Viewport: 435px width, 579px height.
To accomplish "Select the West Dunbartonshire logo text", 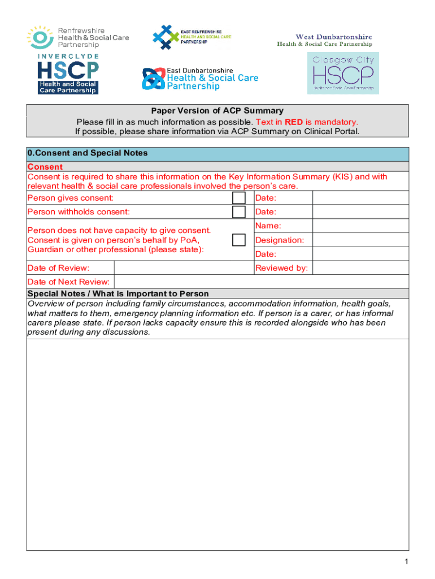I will pyautogui.click(x=324, y=40).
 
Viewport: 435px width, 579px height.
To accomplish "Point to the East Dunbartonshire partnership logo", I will pyautogui.click(x=199, y=79).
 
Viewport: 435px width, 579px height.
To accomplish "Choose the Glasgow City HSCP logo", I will pyautogui.click(x=343, y=73).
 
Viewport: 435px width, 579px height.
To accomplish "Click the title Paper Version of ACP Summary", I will pyautogui.click(x=217, y=111).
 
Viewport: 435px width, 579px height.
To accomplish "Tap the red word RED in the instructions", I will pyautogui.click(x=293, y=122).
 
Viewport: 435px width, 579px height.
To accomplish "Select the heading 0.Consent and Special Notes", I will pyautogui.click(x=88, y=153).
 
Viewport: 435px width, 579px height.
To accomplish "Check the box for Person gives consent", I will pyautogui.click(x=239, y=198).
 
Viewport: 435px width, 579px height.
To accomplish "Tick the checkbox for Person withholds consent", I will pyautogui.click(x=239, y=212).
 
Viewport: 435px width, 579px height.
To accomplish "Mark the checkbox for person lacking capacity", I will pyautogui.click(x=239, y=240).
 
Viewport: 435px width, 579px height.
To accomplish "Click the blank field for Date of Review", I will pyautogui.click(x=183, y=268).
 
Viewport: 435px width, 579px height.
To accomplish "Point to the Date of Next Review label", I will pyautogui.click(x=69, y=282).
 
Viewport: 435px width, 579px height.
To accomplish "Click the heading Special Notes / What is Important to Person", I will pyautogui.click(x=118, y=293).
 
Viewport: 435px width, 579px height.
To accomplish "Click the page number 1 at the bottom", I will pyautogui.click(x=406, y=561).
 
